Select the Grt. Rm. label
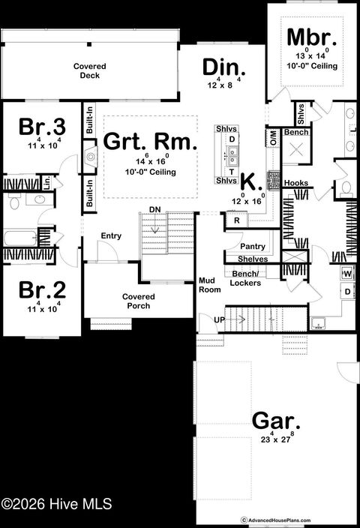click(x=139, y=141)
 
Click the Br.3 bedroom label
click(x=35, y=126)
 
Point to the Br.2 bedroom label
click(x=35, y=289)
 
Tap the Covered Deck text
click(x=89, y=71)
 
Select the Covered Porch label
click(x=139, y=301)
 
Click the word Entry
click(x=111, y=236)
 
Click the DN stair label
click(x=154, y=209)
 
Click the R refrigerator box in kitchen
click(x=235, y=220)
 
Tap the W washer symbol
click(x=347, y=274)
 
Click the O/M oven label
click(x=273, y=138)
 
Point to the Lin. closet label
click(x=46, y=181)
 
